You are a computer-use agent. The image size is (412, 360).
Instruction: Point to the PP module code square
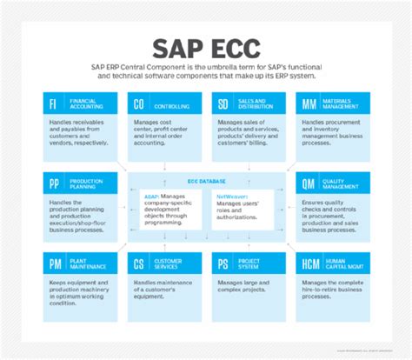pos(55,183)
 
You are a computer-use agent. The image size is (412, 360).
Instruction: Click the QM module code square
pos(309,183)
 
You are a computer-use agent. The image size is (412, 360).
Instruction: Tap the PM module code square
pos(55,263)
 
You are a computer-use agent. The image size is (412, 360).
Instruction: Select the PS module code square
pos(225,263)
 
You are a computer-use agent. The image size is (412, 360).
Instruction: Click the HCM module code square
pos(309,263)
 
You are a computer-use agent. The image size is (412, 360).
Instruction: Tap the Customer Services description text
pos(163,290)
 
